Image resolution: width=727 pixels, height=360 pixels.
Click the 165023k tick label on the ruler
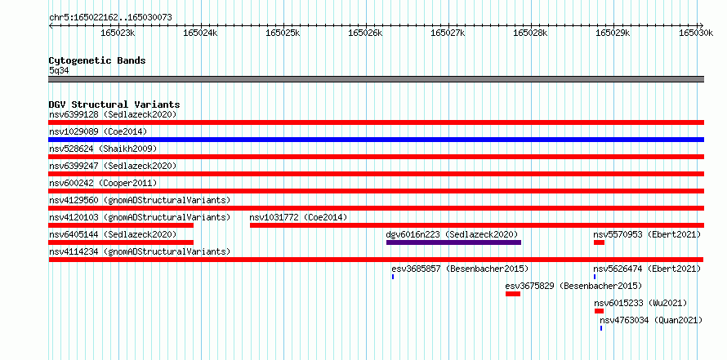pyautogui.click(x=118, y=33)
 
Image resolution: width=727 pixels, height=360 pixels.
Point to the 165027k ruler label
pyautogui.click(x=448, y=33)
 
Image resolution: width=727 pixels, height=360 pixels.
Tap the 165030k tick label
pyautogui.click(x=696, y=33)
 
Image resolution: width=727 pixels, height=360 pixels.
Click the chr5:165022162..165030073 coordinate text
pyautogui.click(x=110, y=18)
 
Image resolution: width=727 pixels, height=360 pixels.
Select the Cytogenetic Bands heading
pyautogui.click(x=97, y=60)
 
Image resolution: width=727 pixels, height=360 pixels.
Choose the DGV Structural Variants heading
pyautogui.click(x=114, y=104)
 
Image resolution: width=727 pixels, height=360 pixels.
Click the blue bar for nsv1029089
pyautogui.click(x=376, y=140)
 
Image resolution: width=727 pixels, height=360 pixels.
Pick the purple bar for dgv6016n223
pyautogui.click(x=453, y=242)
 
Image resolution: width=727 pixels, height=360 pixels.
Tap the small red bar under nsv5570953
pyautogui.click(x=599, y=242)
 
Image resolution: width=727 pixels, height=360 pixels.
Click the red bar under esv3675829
pyautogui.click(x=513, y=294)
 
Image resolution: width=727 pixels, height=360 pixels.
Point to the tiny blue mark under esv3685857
pyautogui.click(x=393, y=277)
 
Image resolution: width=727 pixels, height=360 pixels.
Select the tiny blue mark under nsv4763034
pyautogui.click(x=601, y=328)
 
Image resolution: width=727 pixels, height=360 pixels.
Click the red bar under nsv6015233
pyautogui.click(x=599, y=311)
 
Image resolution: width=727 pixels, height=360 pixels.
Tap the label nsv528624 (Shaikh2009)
pyautogui.click(x=103, y=149)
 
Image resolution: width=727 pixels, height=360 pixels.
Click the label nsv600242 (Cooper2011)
pyautogui.click(x=103, y=183)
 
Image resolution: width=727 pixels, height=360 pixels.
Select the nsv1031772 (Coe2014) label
pyautogui.click(x=298, y=217)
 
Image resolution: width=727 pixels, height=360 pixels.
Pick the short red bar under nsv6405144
pyautogui.click(x=121, y=242)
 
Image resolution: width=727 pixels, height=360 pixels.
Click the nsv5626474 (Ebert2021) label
pyautogui.click(x=647, y=269)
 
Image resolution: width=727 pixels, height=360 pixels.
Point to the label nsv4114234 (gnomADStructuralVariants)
pyautogui.click(x=140, y=251)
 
